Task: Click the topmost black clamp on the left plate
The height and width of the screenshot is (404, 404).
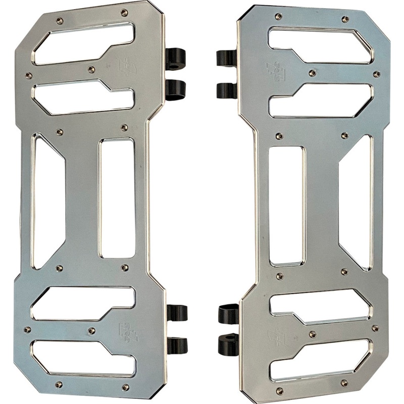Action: pos(176,59)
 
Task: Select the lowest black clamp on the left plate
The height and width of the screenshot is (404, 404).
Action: pos(177,345)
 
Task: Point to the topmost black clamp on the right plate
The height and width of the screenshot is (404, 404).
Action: pos(227,59)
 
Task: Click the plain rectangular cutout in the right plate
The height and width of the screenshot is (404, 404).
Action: pos(286,206)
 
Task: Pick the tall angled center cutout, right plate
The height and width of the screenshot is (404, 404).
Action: pos(355,202)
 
